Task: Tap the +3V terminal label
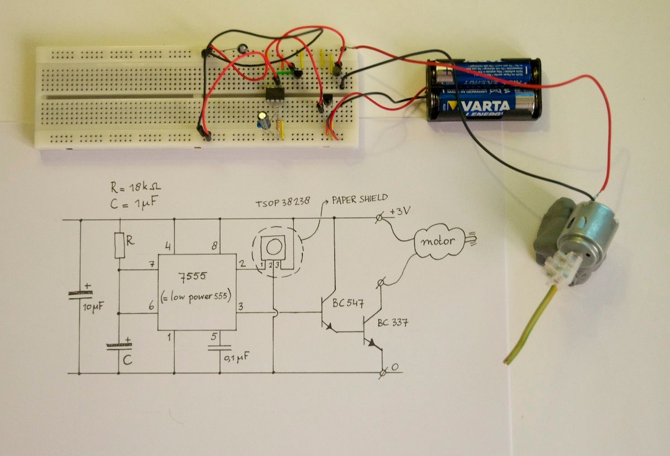tap(401, 212)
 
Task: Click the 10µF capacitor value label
tap(93, 309)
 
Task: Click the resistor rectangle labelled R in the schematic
tap(119, 246)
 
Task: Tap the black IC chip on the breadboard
tap(274, 93)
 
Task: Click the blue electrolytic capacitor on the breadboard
tap(262, 119)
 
